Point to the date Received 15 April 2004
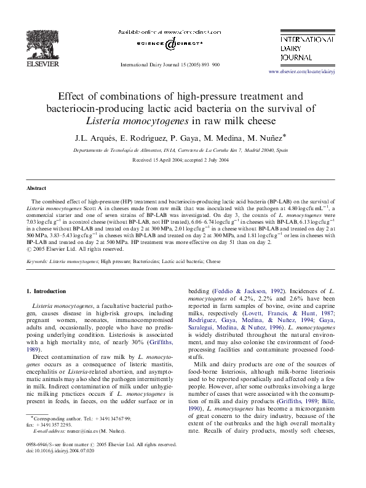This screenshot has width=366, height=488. tap(158, 160)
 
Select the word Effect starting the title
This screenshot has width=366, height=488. tap(75, 96)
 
